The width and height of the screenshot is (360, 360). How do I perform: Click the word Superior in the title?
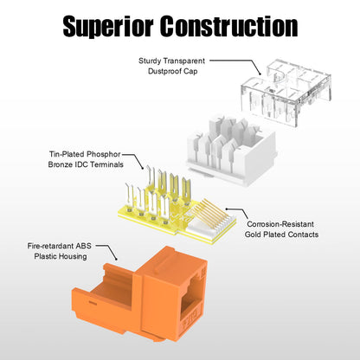[108, 27]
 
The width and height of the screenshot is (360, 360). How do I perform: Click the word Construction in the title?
[229, 26]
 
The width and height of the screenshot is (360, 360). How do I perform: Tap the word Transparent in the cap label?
[184, 61]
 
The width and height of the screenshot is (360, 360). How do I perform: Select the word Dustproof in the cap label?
[163, 71]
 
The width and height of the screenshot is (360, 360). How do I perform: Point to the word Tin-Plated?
[67, 154]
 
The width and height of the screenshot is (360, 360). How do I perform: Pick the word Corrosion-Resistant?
[280, 224]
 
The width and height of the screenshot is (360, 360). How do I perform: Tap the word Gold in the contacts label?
[252, 235]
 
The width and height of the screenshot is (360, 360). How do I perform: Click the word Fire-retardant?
[51, 246]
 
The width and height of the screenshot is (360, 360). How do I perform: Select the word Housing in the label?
[74, 256]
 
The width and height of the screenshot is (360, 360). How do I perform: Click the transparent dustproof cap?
[286, 91]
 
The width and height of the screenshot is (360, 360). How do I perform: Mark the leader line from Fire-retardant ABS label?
[109, 249]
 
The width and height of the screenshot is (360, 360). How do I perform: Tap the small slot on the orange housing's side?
[93, 303]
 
